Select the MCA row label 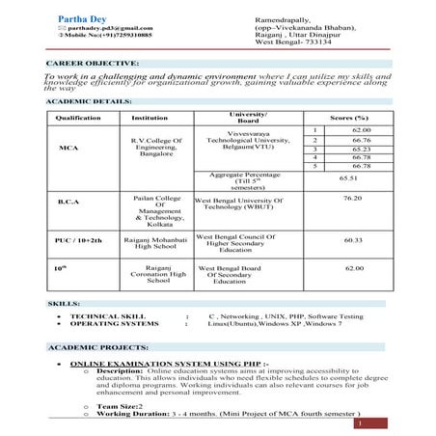[68, 149]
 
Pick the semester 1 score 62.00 [361, 129]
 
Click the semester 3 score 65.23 [361, 150]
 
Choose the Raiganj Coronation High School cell [155, 274]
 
